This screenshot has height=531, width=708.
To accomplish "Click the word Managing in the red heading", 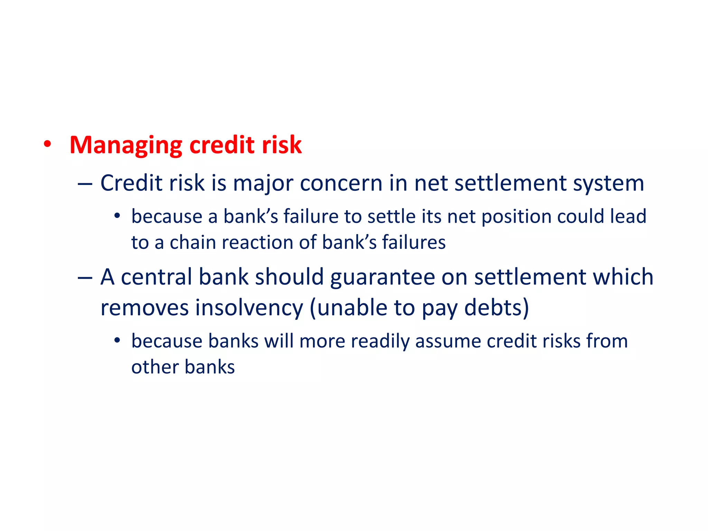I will pyautogui.click(x=125, y=145).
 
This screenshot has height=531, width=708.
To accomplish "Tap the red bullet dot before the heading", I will pyautogui.click(x=47, y=144).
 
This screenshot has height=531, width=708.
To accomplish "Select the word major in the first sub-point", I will pyautogui.click(x=263, y=183).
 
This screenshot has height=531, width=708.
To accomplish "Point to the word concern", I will pyautogui.click(x=341, y=183).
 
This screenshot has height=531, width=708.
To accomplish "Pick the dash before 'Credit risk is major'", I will pyautogui.click(x=85, y=184).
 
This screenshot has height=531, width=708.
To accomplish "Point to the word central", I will pyautogui.click(x=156, y=277).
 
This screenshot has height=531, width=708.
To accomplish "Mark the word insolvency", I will pyautogui.click(x=249, y=308).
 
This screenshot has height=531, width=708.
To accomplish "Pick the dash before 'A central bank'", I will pyautogui.click(x=85, y=278).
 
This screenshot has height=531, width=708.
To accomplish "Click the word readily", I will pyautogui.click(x=380, y=342).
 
